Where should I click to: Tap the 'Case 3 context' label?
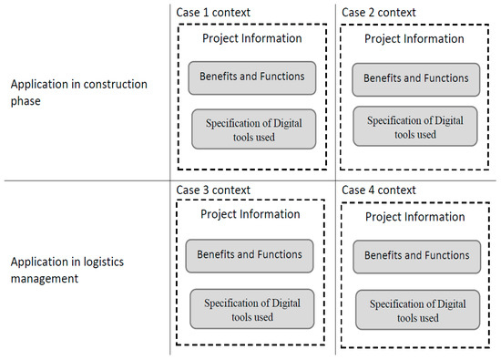coord(213,190)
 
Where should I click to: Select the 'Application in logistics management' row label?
coord(66,269)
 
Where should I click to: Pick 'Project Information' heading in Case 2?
coord(414,39)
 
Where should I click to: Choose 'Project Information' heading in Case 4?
coord(414,217)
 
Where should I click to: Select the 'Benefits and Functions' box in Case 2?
coord(414,78)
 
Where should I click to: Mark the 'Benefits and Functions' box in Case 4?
coord(414,256)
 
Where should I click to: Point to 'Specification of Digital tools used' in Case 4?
coord(414,309)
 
